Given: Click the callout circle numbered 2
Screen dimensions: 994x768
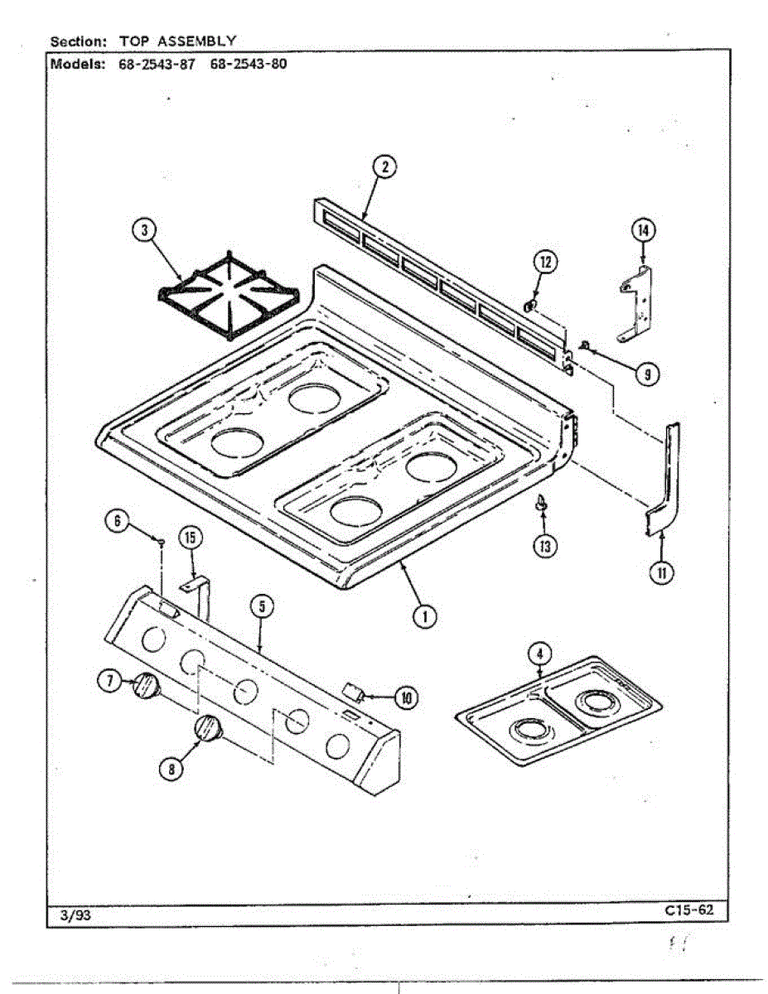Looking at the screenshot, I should tap(384, 167).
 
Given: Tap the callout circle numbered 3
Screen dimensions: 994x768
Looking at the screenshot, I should tap(145, 230).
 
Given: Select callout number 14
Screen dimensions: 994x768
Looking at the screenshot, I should tap(643, 230).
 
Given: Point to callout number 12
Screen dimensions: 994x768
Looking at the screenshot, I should tap(545, 263).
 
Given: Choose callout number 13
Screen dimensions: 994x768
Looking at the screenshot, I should tap(545, 547).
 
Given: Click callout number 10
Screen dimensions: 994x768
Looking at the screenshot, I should tap(406, 698).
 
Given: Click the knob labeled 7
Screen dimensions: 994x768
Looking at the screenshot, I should tap(146, 687).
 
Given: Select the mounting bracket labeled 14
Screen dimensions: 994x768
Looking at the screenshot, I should tap(636, 306).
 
